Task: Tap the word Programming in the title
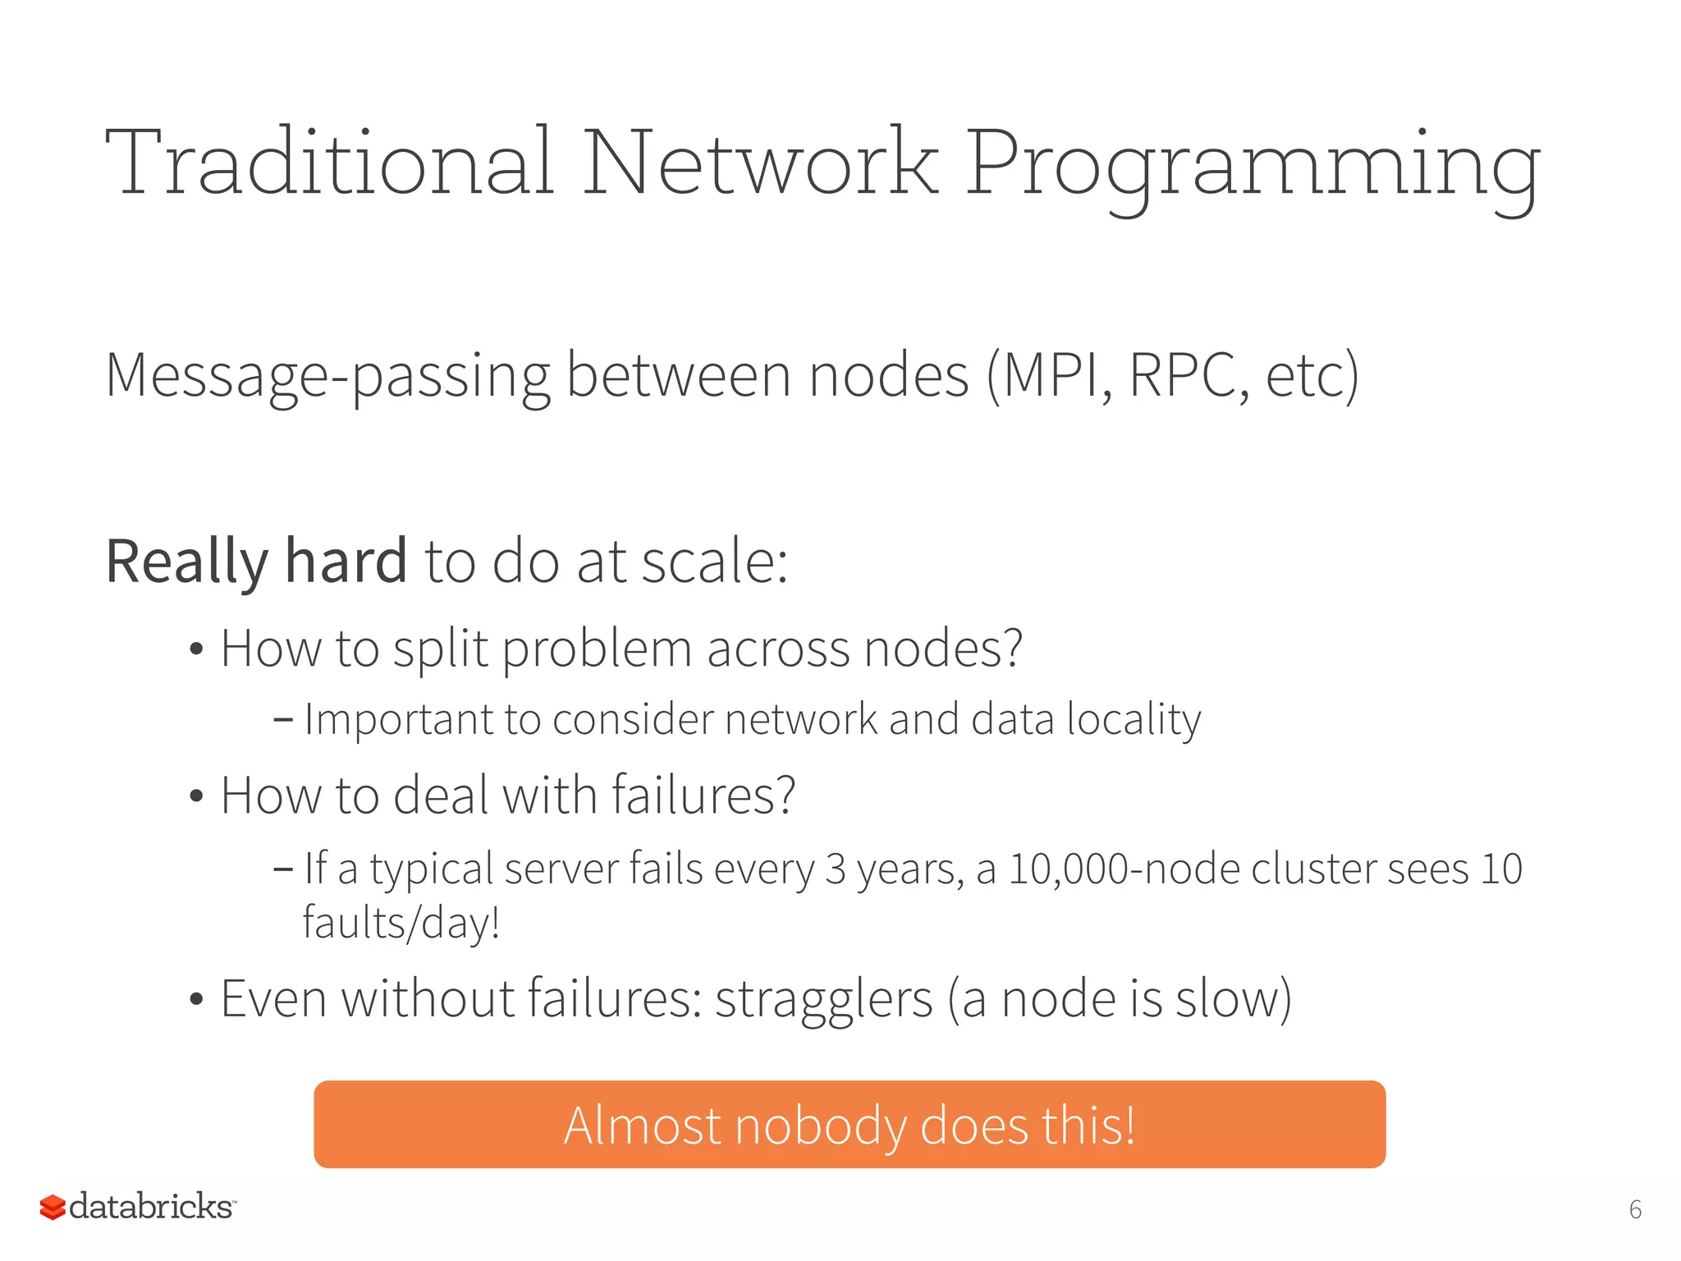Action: [x=1252, y=168]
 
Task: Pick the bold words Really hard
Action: [x=256, y=562]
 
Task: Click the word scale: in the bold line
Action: [x=714, y=562]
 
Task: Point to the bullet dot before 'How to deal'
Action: [x=195, y=796]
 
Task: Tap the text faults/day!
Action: [x=401, y=923]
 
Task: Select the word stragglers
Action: [x=823, y=1000]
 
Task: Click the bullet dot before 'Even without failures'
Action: [x=195, y=1000]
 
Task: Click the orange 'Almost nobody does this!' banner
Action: [x=850, y=1124]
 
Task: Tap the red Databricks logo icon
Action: [x=53, y=1208]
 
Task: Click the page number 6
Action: [x=1635, y=1209]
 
